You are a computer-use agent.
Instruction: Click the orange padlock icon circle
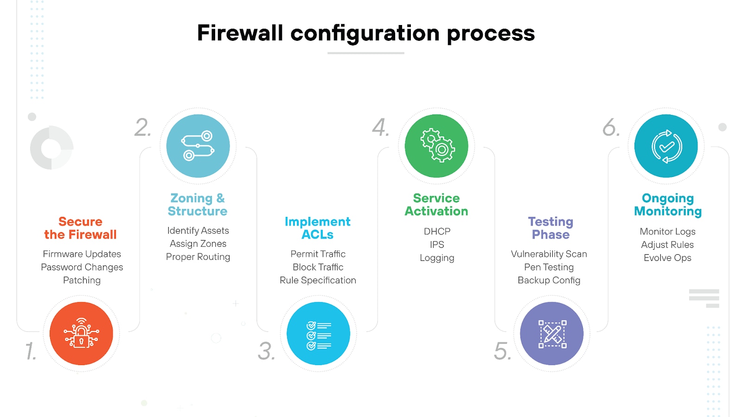click(x=81, y=334)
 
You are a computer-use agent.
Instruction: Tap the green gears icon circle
click(x=436, y=146)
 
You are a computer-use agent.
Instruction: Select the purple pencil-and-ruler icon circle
click(x=551, y=334)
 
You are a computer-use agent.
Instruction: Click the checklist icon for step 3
click(x=318, y=334)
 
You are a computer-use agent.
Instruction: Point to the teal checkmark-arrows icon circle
click(x=666, y=146)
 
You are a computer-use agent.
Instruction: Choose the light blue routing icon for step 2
click(x=198, y=146)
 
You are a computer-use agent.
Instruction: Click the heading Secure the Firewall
click(x=80, y=228)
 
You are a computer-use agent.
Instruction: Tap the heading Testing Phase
click(x=550, y=228)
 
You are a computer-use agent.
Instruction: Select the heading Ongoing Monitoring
click(x=668, y=204)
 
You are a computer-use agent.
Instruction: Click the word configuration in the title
click(x=365, y=33)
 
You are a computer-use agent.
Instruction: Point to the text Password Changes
click(x=82, y=267)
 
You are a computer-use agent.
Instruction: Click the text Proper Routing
click(x=198, y=257)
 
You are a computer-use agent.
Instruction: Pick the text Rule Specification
click(x=318, y=280)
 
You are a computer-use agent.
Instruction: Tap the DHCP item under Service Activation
click(x=437, y=231)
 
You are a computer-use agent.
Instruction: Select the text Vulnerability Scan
click(x=549, y=254)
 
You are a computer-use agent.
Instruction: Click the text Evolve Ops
click(x=667, y=258)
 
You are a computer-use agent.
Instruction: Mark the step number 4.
click(x=380, y=127)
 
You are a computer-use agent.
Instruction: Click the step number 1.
click(x=31, y=351)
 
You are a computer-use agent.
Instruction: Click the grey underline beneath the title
click(x=365, y=53)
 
